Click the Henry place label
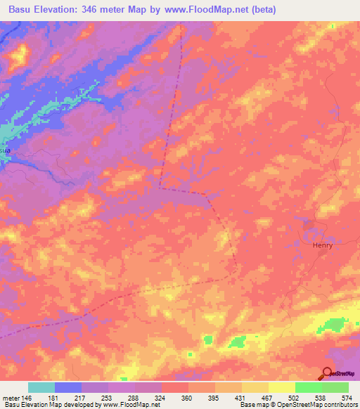coord(322,245)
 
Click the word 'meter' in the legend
coord(10,398)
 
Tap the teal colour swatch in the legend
coord(41,387)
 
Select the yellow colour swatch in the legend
coord(281,387)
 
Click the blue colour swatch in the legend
coord(68,387)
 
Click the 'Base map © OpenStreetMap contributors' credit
coord(298,405)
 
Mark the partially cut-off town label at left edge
coord(5,150)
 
